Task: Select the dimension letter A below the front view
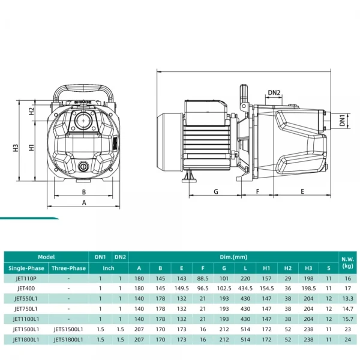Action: (84, 203)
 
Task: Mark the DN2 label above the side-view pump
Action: (274, 92)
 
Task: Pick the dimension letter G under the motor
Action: (215, 192)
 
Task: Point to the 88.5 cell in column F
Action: (202, 278)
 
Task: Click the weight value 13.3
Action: (347, 299)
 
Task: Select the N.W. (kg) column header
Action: (347, 262)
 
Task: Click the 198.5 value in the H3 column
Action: (308, 289)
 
